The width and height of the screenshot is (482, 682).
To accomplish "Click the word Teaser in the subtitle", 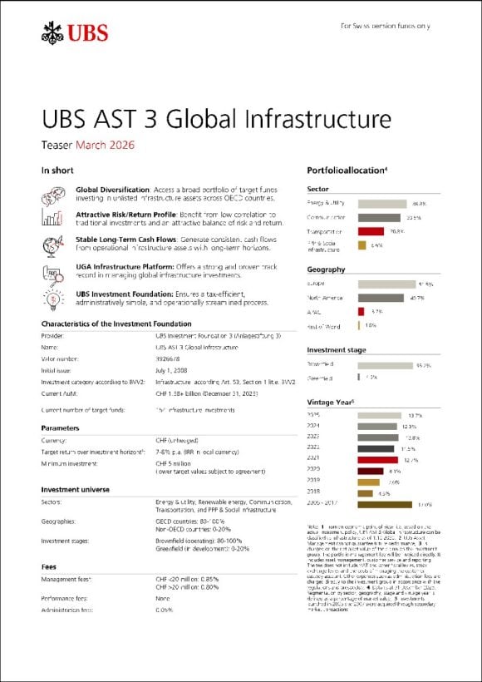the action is tap(57, 145).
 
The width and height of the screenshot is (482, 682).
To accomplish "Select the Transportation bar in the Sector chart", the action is tap(371, 231).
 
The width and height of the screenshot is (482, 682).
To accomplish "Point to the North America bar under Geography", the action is tap(381, 298).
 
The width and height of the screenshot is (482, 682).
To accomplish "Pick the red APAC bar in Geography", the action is tap(361, 311).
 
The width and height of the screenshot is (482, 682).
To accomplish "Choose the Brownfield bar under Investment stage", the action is tap(385, 364).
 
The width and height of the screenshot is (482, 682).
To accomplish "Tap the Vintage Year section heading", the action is tap(329, 403).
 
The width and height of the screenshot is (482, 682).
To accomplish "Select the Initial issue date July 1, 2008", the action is tap(173, 369).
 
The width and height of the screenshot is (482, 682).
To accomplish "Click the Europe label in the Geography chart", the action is tap(317, 284).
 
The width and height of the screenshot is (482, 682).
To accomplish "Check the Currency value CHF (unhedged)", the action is tap(176, 441).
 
